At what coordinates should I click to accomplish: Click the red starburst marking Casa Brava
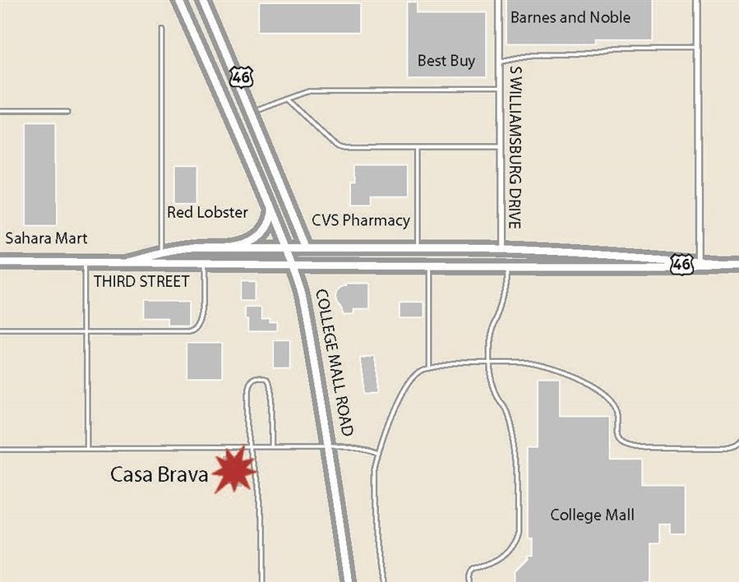(234, 471)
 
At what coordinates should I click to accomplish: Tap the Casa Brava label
(159, 474)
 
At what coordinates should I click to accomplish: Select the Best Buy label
(446, 60)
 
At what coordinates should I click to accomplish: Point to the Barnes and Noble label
(570, 17)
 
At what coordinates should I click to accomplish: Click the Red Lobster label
(207, 212)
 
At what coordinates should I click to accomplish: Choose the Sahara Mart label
(46, 238)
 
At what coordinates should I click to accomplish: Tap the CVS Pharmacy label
(361, 220)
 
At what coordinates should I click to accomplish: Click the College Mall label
(592, 515)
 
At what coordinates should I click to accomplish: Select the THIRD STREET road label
(141, 281)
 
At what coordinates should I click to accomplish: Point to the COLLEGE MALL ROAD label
(335, 362)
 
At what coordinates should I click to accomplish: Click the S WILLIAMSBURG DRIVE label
(515, 147)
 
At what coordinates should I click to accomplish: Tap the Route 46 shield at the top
(242, 76)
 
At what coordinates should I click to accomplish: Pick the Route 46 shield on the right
(681, 264)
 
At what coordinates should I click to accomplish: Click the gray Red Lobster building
(186, 184)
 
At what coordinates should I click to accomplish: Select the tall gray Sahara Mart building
(39, 173)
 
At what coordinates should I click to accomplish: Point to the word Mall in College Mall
(619, 515)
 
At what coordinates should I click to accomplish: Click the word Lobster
(223, 212)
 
